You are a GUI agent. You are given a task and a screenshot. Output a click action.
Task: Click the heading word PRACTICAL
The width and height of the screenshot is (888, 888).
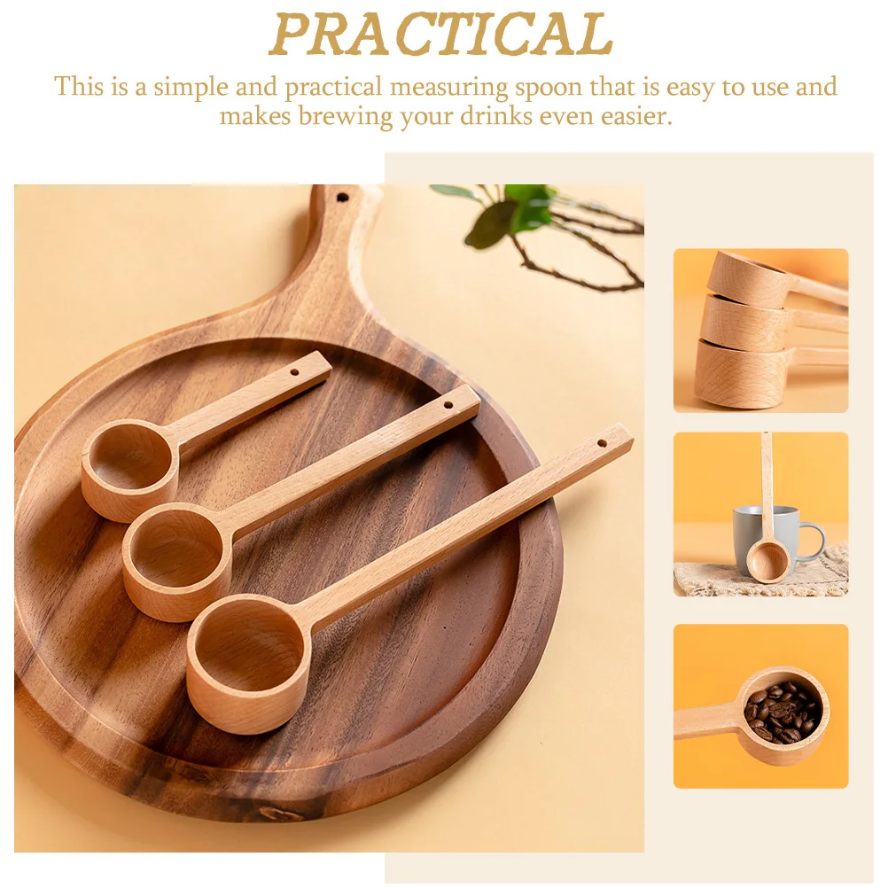pyautogui.click(x=440, y=35)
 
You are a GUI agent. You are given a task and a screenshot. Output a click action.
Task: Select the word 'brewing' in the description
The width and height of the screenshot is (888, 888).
pyautogui.click(x=345, y=116)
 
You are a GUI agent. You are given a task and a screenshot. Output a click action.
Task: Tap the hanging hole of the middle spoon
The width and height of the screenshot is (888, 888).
pyautogui.click(x=448, y=406)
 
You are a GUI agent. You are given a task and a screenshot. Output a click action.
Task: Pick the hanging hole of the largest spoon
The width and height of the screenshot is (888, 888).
pyautogui.click(x=602, y=441)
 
